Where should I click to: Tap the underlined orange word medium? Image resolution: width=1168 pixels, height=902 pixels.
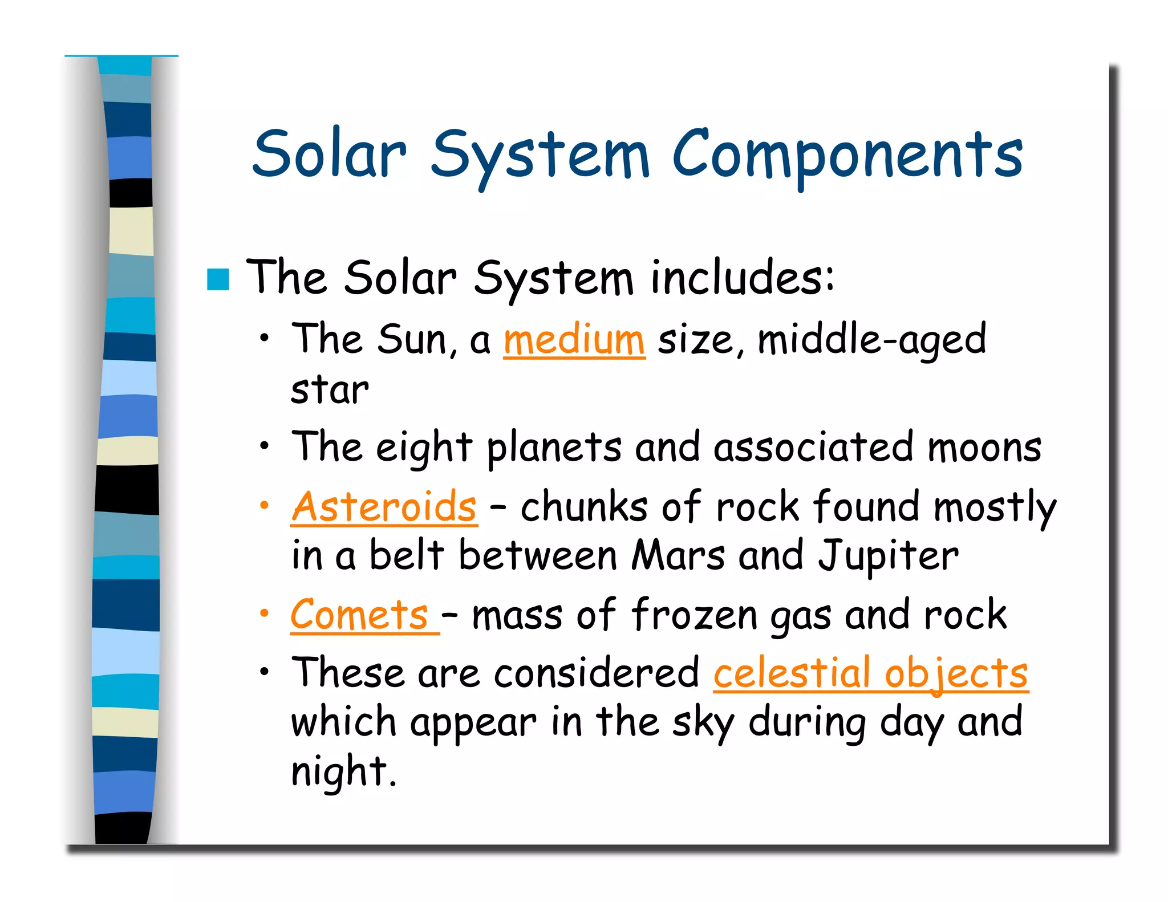(574, 340)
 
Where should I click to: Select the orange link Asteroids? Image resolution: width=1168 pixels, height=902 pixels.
(384, 506)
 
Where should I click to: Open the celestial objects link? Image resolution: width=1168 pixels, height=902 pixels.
(870, 673)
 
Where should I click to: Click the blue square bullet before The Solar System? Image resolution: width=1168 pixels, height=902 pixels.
(218, 279)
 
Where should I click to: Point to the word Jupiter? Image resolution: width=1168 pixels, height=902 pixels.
(889, 555)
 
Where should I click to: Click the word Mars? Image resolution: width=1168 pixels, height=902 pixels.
(678, 555)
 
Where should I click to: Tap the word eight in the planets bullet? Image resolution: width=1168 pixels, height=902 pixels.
(424, 448)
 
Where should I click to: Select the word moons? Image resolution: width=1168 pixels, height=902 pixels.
(984, 448)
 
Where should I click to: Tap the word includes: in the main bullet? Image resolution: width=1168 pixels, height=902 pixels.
(741, 278)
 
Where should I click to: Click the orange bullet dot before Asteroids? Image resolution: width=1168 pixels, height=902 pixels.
(263, 505)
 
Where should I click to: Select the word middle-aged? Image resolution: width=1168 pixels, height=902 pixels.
(871, 340)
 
